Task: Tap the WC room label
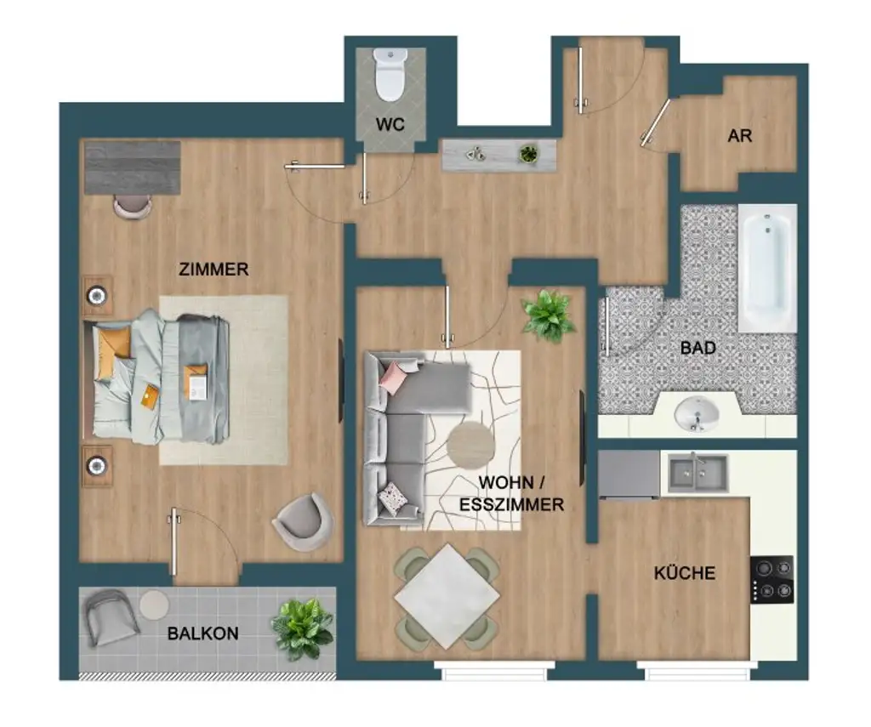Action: [390, 125]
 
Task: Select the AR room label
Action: [739, 135]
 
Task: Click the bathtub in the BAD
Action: [767, 268]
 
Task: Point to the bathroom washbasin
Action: [696, 415]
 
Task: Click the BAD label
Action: [697, 348]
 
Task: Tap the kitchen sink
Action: [697, 472]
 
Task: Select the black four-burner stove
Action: [771, 579]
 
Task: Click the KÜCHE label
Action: [684, 573]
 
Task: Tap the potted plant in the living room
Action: [548, 315]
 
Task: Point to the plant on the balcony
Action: [302, 628]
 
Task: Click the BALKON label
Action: [202, 633]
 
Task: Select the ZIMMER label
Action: [213, 270]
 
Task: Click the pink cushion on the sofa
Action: [395, 375]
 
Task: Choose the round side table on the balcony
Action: [155, 605]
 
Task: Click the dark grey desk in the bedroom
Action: [133, 167]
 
